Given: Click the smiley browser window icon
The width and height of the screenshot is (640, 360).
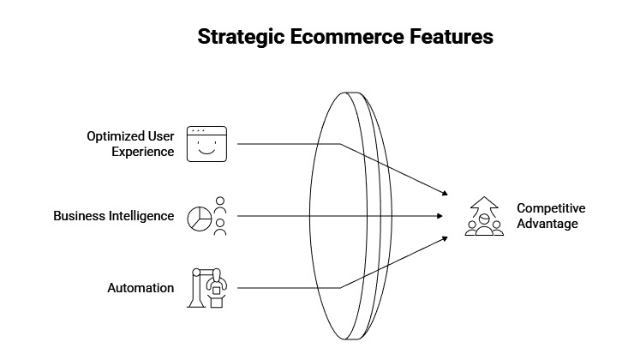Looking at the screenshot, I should [x=206, y=144].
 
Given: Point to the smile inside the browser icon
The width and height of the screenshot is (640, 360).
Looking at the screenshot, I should [x=206, y=152].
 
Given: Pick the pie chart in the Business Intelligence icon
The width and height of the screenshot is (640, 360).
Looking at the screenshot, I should [x=199, y=217].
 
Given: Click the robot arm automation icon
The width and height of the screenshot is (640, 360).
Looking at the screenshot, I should [x=208, y=287].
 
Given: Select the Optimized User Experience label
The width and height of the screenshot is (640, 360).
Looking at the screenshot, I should [x=130, y=144].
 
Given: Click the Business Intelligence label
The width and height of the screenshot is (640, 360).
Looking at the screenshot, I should [x=114, y=216].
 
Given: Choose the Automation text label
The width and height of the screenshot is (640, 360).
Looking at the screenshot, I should [x=141, y=288].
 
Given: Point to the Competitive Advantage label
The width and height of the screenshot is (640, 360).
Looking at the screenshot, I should [x=551, y=216].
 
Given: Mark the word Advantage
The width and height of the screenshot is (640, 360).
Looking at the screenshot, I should [x=547, y=224].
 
